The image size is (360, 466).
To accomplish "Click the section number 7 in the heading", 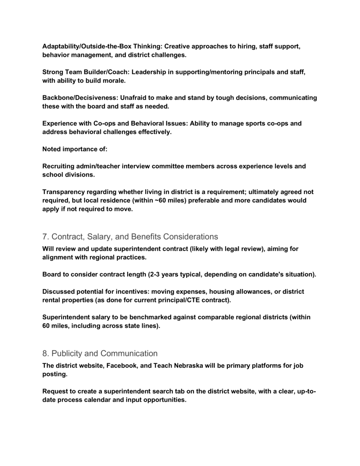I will [x=45, y=236].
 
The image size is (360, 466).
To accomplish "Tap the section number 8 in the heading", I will [x=45, y=354].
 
